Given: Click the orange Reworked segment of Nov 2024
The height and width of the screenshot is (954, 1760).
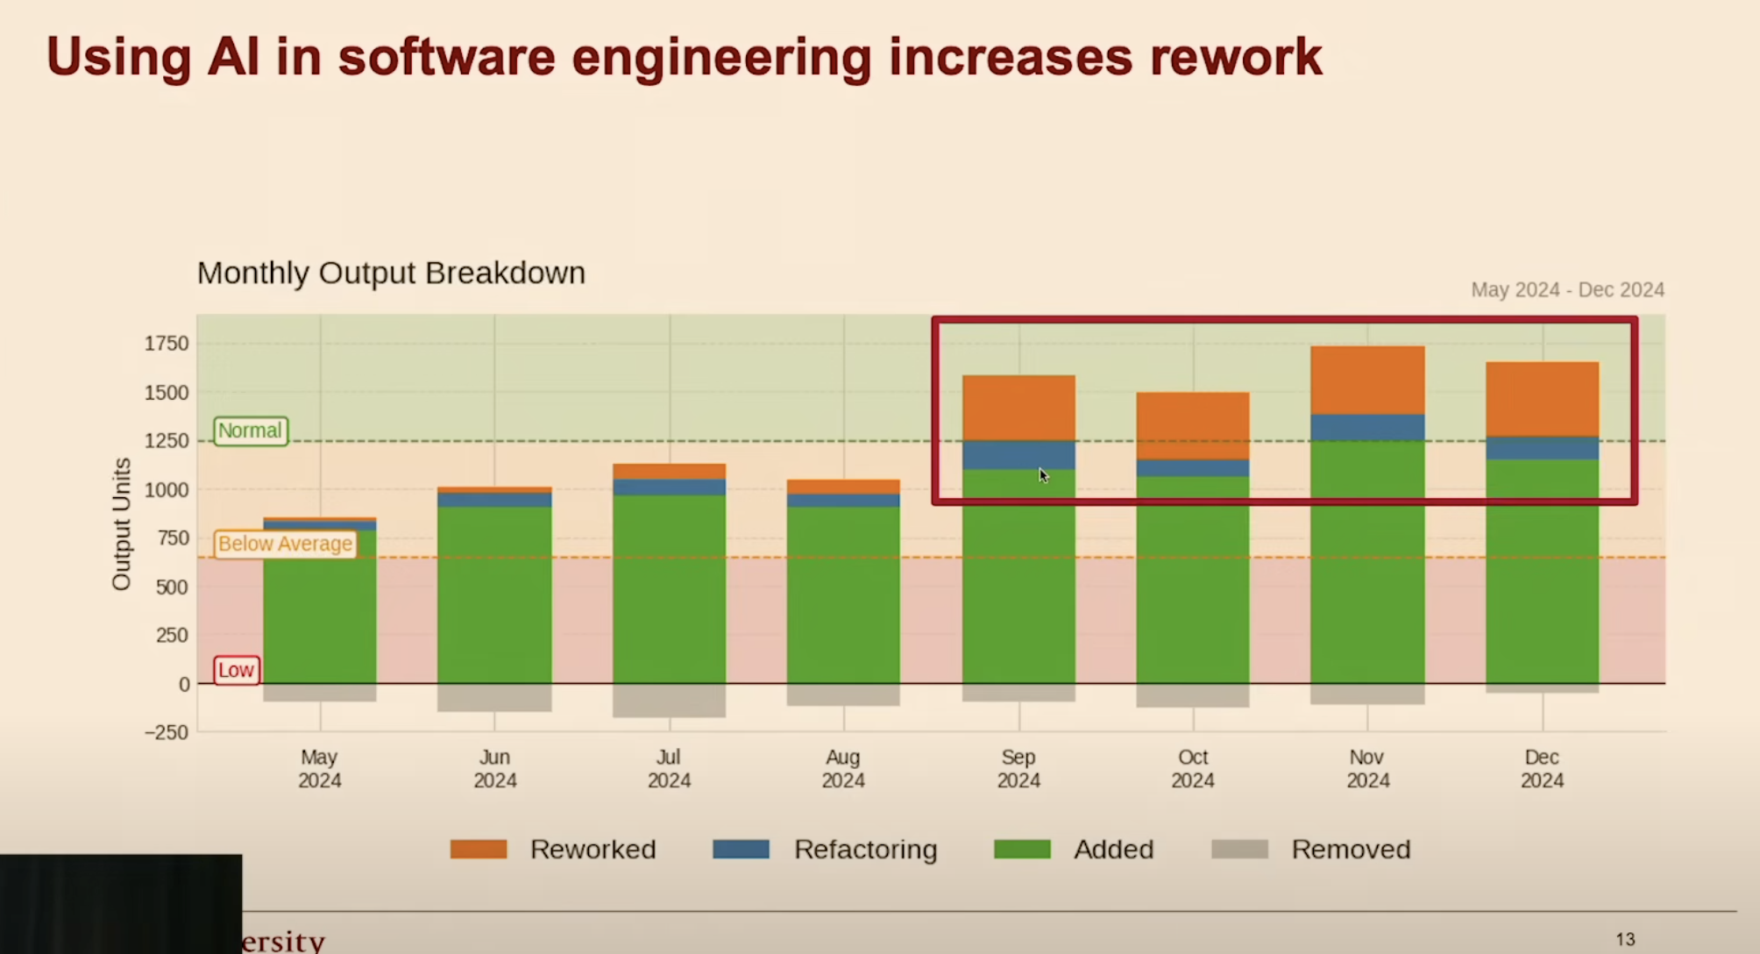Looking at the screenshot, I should pyautogui.click(x=1367, y=380).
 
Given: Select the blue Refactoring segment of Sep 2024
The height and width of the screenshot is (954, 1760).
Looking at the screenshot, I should pyautogui.click(x=1018, y=455).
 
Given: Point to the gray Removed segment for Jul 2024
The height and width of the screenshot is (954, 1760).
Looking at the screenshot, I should pyautogui.click(x=669, y=700).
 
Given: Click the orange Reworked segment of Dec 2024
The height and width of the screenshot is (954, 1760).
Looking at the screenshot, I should pyautogui.click(x=1542, y=399).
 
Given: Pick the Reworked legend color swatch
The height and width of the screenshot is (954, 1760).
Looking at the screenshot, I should pyautogui.click(x=479, y=849).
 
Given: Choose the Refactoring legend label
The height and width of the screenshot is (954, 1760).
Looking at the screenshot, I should pyautogui.click(x=865, y=849).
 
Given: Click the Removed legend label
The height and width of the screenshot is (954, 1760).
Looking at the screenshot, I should pyautogui.click(x=1350, y=849).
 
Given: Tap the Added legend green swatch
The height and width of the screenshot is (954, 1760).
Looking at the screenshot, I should pyautogui.click(x=1022, y=849).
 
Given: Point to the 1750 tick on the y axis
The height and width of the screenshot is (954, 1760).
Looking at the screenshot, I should pyautogui.click(x=167, y=344).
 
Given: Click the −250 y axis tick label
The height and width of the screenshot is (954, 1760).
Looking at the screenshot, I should pyautogui.click(x=167, y=732).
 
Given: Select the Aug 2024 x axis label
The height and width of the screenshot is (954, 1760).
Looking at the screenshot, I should pyautogui.click(x=843, y=768).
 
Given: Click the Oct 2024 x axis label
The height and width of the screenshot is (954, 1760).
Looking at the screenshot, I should pyautogui.click(x=1193, y=768).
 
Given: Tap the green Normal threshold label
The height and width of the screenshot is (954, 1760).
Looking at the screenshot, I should pyautogui.click(x=251, y=431).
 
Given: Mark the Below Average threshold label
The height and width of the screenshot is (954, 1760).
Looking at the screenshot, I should pyautogui.click(x=285, y=544).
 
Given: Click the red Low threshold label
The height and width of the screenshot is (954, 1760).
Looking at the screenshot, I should pyautogui.click(x=236, y=670).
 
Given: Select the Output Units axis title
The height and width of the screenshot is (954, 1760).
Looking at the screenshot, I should pyautogui.click(x=121, y=524).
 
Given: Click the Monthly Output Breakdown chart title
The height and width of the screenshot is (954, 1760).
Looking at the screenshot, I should pyautogui.click(x=391, y=273).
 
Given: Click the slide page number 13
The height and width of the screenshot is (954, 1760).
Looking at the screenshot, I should pyautogui.click(x=1625, y=939).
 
